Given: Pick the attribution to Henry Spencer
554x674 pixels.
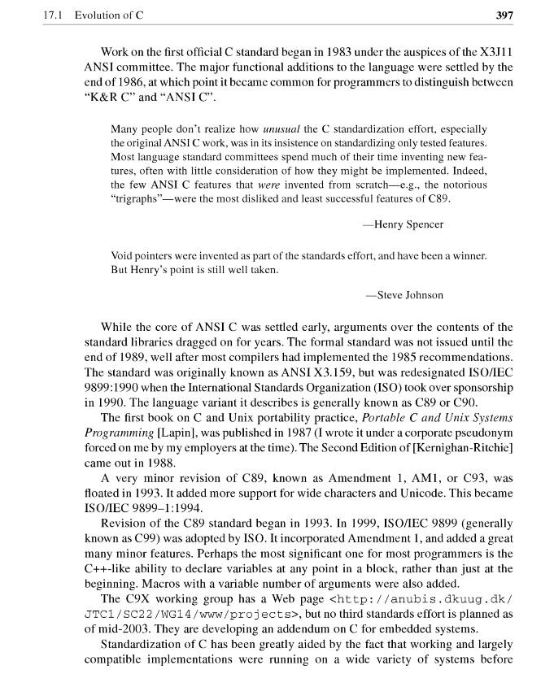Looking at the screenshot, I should pyautogui.click(x=404, y=224).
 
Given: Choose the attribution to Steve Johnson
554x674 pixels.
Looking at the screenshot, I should pyautogui.click(x=404, y=295).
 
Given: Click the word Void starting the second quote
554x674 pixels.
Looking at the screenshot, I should pyautogui.click(x=122, y=256).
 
